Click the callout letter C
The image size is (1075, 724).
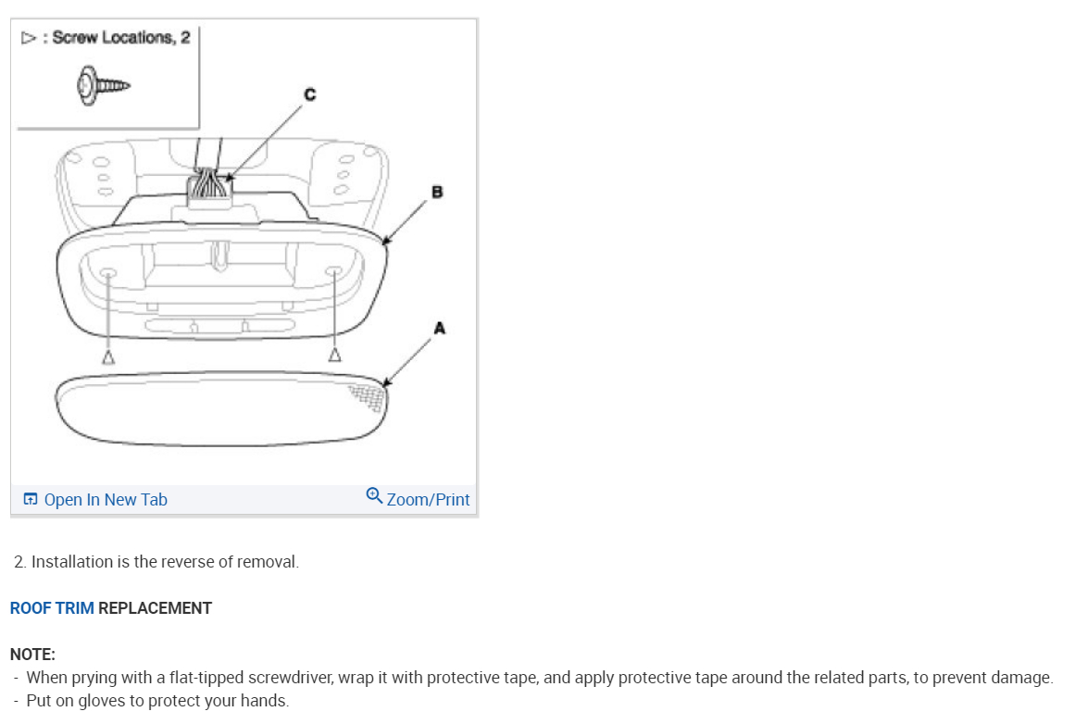pos(309,94)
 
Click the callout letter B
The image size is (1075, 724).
pos(437,193)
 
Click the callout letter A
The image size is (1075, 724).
pos(439,328)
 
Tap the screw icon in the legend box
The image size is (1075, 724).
pos(102,86)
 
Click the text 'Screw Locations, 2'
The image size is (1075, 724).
pos(120,38)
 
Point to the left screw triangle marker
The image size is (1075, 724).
pos(108,356)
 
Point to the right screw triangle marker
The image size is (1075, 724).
pos(335,355)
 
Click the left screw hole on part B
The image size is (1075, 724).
pos(107,273)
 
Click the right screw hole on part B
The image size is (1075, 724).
pos(334,272)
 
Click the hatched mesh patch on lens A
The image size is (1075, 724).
pos(369,395)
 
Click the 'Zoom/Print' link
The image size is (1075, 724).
pos(428,500)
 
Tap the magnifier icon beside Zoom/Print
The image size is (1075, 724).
pos(374,495)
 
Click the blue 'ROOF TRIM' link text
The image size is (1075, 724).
pos(52,608)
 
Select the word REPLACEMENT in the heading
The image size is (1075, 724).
pos(155,608)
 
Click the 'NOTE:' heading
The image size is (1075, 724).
pos(32,655)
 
